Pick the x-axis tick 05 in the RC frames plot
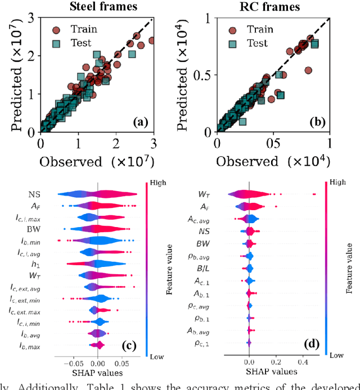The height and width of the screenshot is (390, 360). click(x=274, y=143)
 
